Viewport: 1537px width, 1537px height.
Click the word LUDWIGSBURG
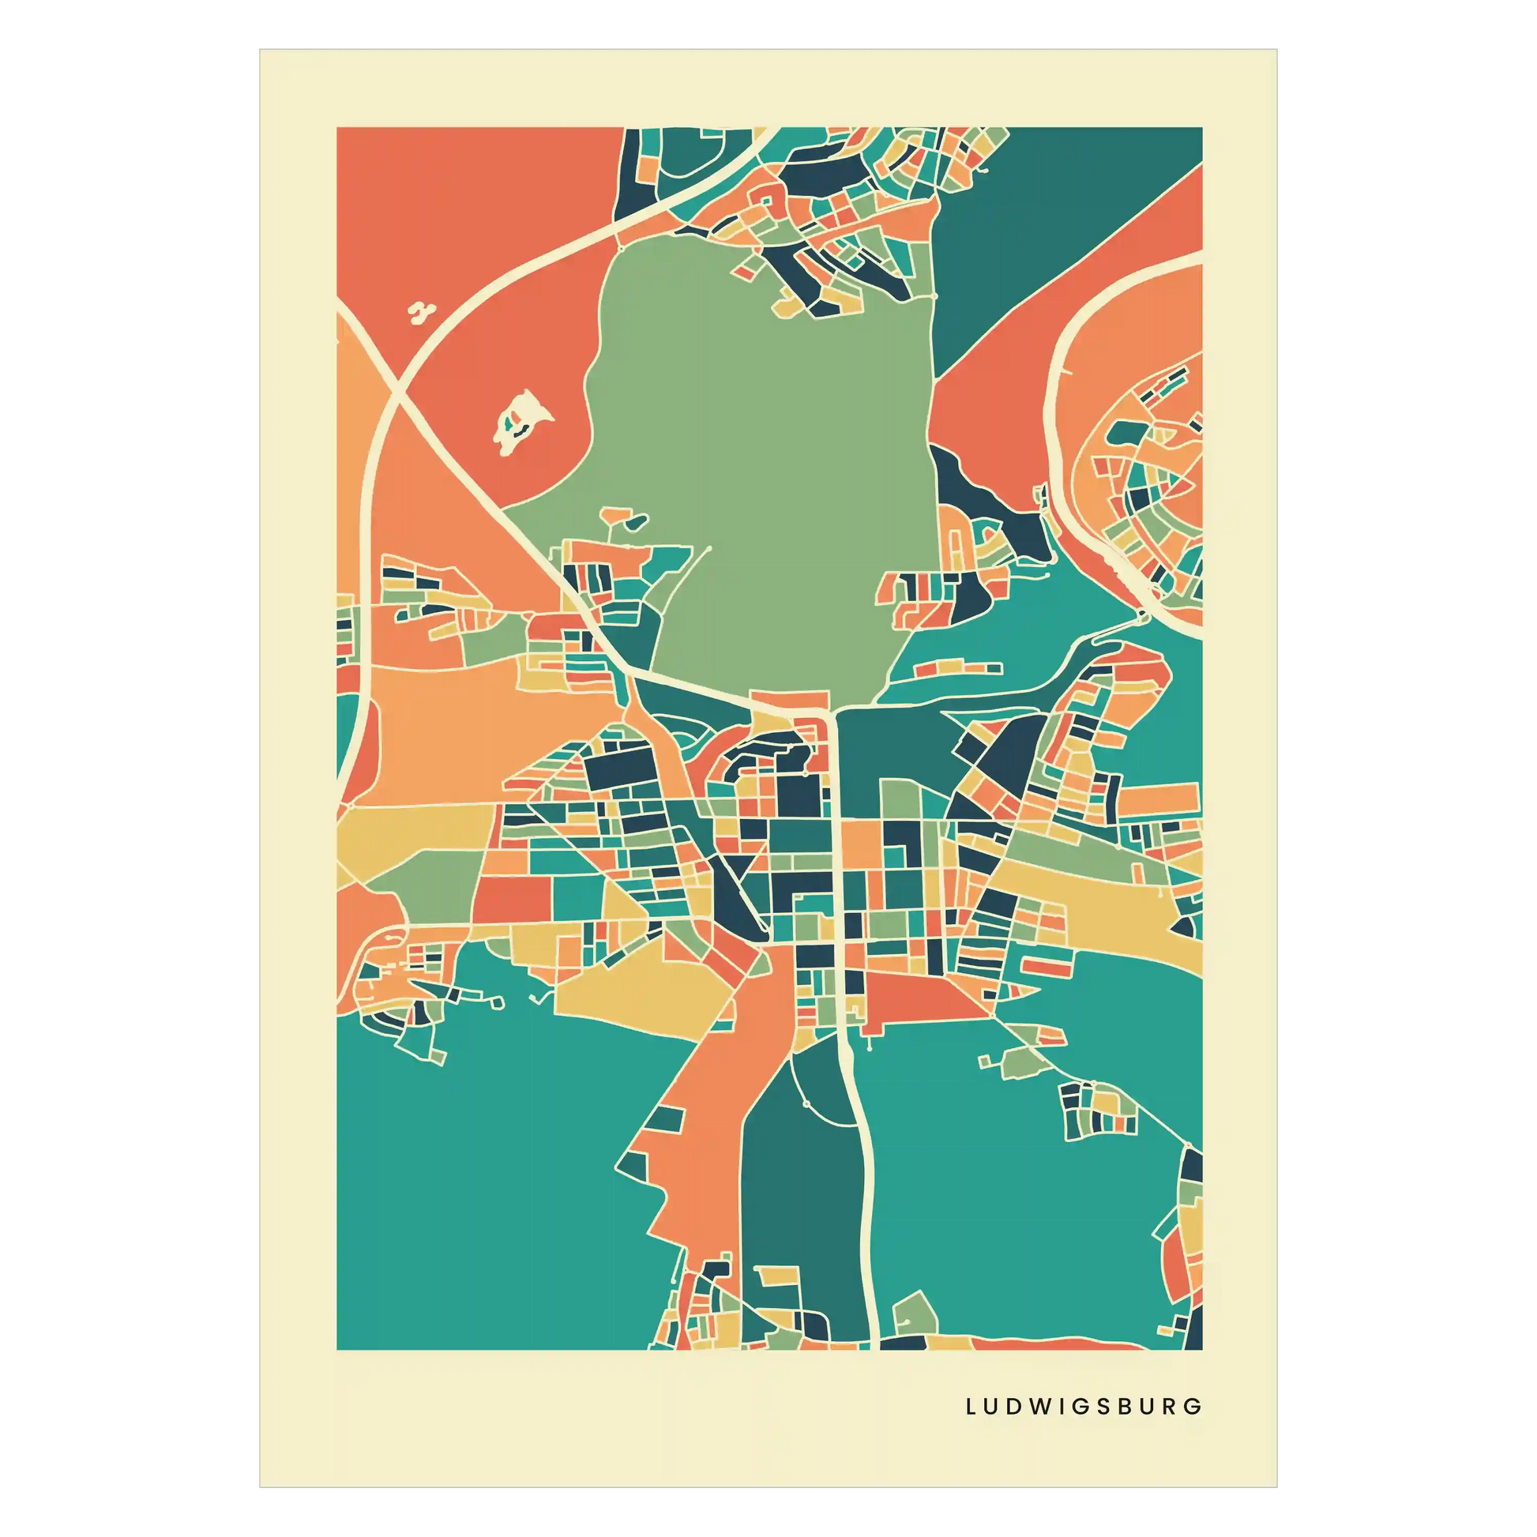coord(1084,1406)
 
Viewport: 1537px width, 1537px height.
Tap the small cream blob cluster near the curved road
coord(421,312)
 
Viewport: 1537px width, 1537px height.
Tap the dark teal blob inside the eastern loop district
coord(1123,433)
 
